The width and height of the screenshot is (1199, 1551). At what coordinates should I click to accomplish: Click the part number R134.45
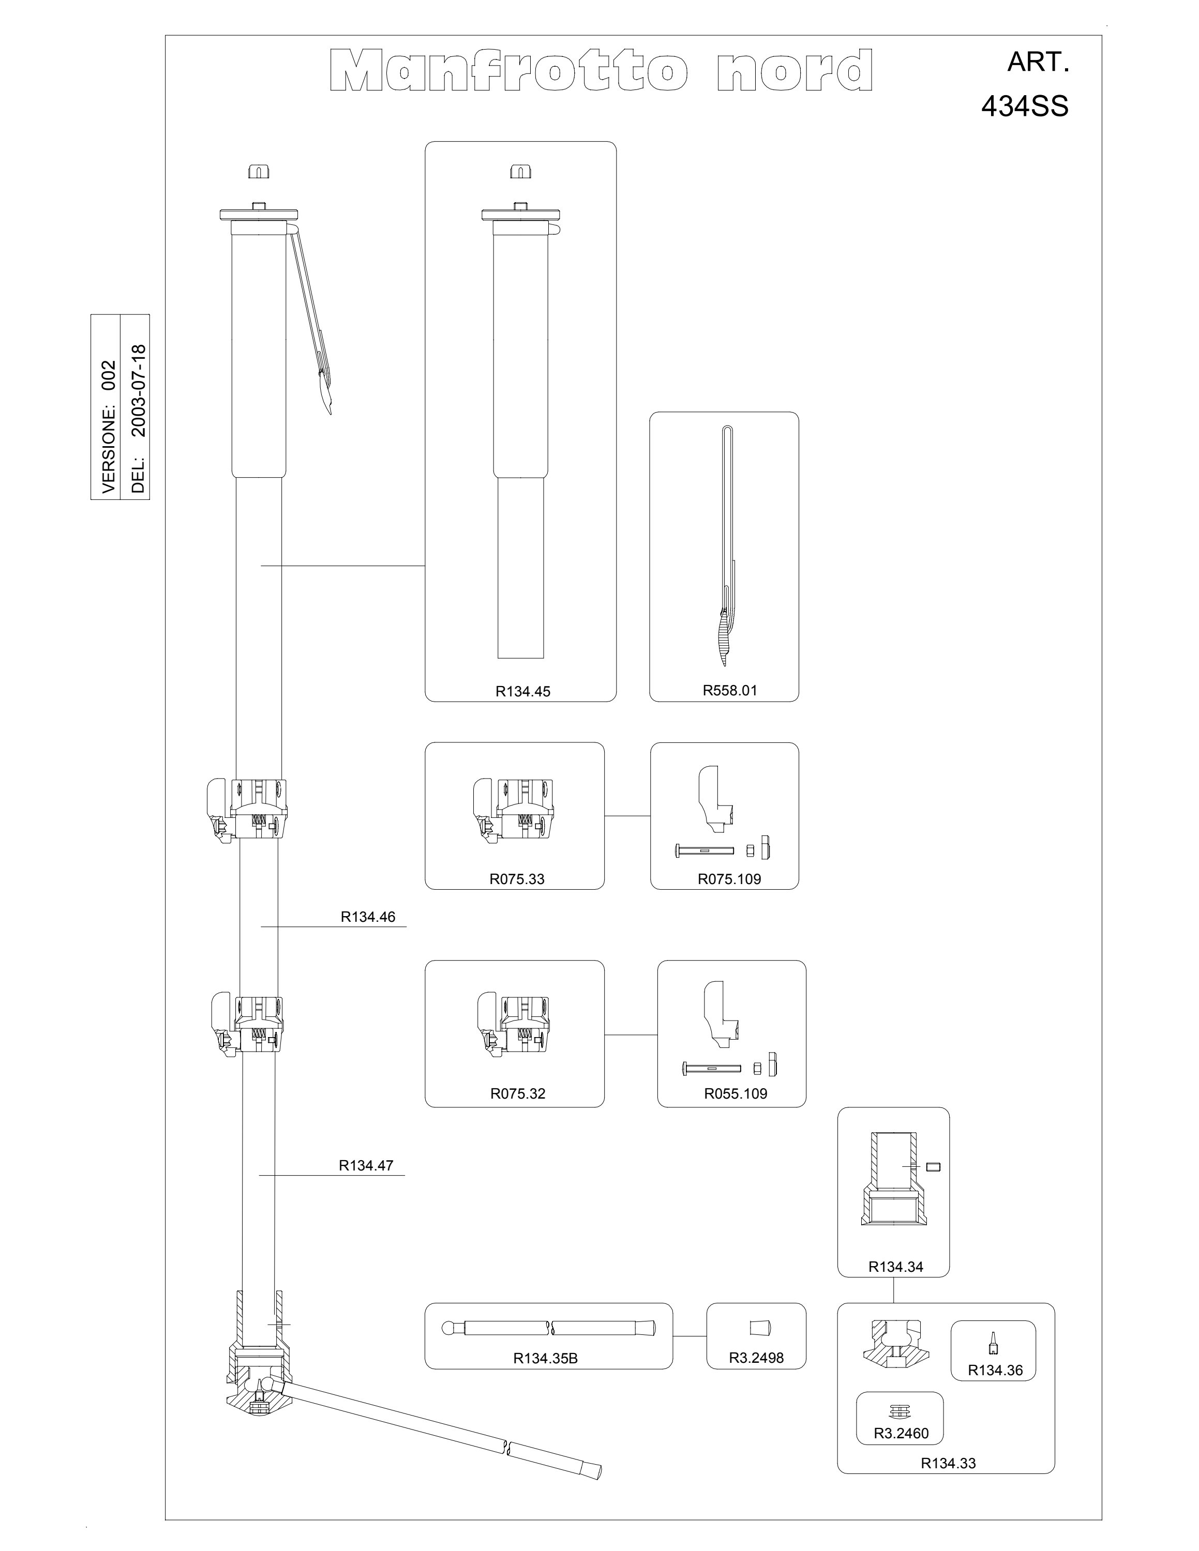(x=523, y=691)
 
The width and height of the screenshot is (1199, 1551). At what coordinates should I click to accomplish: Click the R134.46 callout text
(x=368, y=916)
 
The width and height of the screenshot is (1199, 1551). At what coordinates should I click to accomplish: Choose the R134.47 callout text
(x=366, y=1165)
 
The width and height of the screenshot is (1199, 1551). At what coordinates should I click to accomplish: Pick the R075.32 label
(x=518, y=1093)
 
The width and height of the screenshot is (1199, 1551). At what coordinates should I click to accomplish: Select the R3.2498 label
(x=756, y=1357)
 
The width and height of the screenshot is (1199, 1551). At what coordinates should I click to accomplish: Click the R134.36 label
(x=995, y=1370)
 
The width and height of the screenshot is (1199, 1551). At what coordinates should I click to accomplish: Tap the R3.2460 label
(x=901, y=1433)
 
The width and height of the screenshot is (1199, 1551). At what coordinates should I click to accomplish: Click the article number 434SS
(x=1024, y=107)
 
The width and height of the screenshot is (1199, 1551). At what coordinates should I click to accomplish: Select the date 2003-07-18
(x=139, y=390)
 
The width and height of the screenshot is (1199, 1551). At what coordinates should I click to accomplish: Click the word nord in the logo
(x=795, y=70)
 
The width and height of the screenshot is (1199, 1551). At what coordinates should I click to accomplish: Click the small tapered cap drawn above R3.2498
(x=760, y=1327)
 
